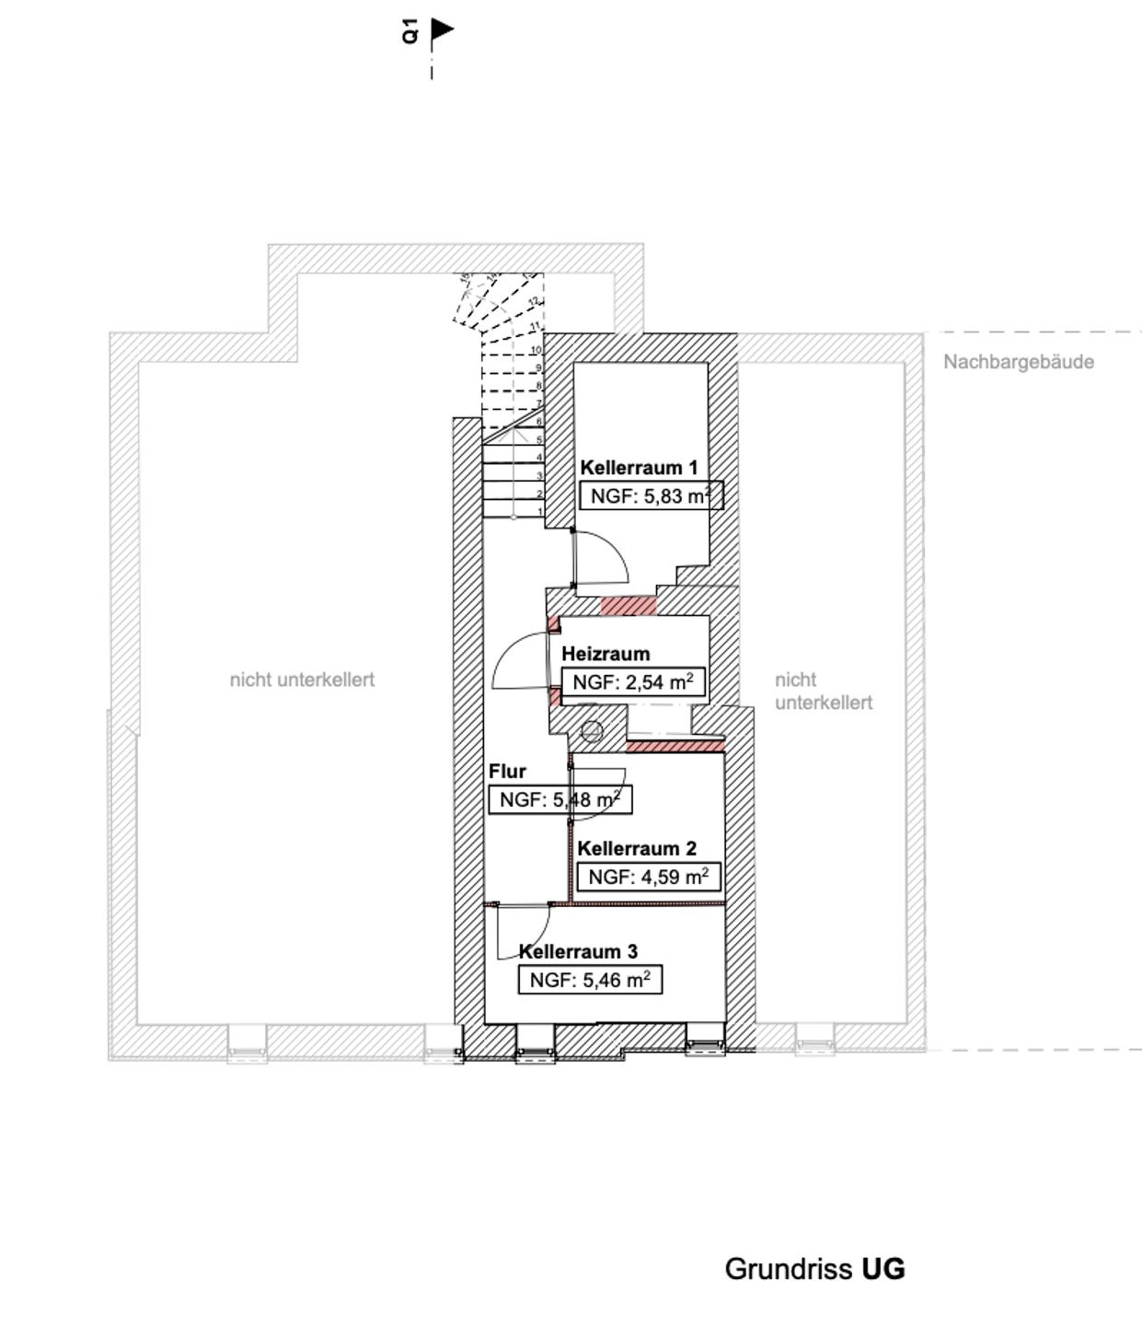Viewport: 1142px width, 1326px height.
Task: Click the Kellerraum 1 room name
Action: tap(639, 468)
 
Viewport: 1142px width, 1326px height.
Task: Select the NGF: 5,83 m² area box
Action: tap(651, 496)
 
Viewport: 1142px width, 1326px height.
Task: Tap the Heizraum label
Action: tap(606, 654)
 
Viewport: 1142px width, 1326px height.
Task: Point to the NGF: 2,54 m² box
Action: tap(633, 682)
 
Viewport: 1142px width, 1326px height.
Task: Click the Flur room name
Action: tap(507, 772)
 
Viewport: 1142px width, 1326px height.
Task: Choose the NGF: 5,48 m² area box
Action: tap(559, 800)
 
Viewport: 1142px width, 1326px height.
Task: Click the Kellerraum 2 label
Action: tap(637, 849)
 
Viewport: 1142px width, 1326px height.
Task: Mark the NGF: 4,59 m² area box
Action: tap(648, 877)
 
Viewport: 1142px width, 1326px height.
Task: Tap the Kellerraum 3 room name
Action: tap(578, 952)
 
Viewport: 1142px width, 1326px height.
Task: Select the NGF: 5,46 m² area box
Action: tap(590, 981)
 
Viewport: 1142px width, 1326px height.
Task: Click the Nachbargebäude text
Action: tap(1019, 362)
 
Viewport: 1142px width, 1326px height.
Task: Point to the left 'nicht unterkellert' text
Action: tap(302, 680)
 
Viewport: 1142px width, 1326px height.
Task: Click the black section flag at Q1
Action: tap(443, 29)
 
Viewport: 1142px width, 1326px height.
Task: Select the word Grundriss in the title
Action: tap(789, 1269)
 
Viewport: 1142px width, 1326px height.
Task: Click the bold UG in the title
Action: tap(883, 1269)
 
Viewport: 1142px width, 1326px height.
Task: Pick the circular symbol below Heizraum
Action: tap(593, 732)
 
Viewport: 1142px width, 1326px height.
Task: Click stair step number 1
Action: tap(540, 512)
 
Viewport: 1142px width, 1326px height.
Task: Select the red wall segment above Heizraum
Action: tap(629, 606)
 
